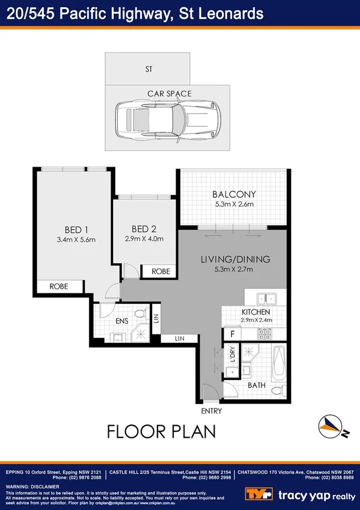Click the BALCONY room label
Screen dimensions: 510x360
click(234, 194)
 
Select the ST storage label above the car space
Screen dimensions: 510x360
click(148, 70)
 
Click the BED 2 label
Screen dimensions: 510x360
click(144, 229)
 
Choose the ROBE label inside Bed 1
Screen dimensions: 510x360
click(58, 287)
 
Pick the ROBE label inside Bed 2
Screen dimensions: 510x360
click(160, 272)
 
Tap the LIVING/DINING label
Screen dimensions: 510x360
click(235, 260)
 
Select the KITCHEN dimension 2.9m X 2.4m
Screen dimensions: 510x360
click(257, 320)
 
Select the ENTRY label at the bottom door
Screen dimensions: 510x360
click(212, 411)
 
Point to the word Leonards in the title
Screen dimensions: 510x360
click(221, 12)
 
